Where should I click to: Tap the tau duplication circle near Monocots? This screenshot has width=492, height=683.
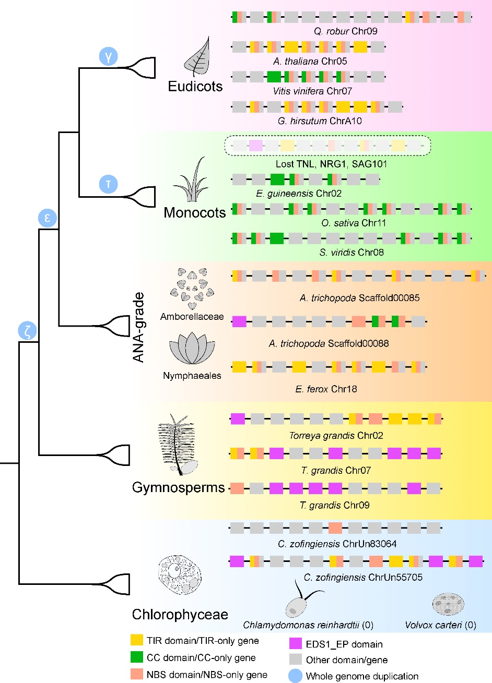click(x=108, y=184)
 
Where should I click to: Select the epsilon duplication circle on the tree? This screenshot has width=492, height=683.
click(x=47, y=218)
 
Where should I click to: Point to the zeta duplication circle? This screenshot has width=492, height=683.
click(x=28, y=330)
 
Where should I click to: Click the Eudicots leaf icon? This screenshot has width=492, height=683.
click(x=196, y=57)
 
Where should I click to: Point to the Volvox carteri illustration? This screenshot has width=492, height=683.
click(x=448, y=604)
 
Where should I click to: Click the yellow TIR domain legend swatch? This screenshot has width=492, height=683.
click(x=137, y=640)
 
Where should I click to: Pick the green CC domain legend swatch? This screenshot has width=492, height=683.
click(x=137, y=657)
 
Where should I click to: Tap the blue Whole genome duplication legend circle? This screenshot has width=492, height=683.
click(x=296, y=676)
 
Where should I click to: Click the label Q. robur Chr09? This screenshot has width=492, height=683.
click(x=345, y=31)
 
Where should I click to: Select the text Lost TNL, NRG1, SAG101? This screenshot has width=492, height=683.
click(x=331, y=164)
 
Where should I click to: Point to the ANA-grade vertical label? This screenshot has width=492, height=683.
click(x=138, y=327)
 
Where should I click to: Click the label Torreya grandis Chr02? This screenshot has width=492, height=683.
click(x=336, y=436)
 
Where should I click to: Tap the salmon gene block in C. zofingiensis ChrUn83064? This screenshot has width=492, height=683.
click(x=335, y=528)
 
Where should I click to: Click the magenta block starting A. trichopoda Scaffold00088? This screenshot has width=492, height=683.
click(x=239, y=321)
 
